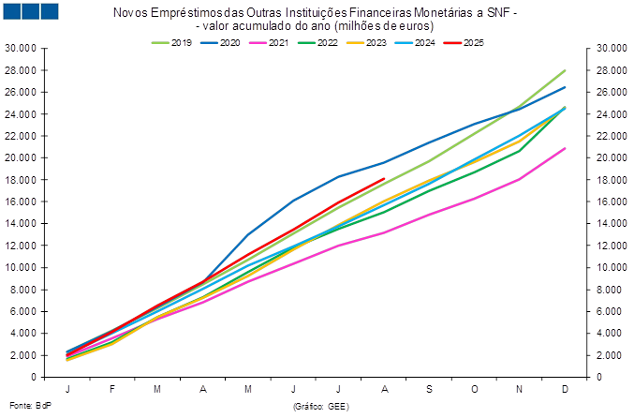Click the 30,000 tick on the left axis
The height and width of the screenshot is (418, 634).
[22, 48]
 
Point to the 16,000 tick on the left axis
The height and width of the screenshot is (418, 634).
[22, 202]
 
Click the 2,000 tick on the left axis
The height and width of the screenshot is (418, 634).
[22, 355]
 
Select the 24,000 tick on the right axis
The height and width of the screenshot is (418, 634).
[612, 114]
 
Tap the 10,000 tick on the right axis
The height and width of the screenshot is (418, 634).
[612, 267]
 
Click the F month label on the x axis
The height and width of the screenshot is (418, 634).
[112, 388]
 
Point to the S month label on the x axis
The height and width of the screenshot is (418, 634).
[429, 388]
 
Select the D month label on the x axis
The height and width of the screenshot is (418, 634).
[565, 388]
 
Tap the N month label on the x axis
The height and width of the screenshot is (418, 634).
[519, 388]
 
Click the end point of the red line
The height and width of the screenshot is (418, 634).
[383, 178]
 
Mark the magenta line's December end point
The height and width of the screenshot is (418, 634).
[565, 148]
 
